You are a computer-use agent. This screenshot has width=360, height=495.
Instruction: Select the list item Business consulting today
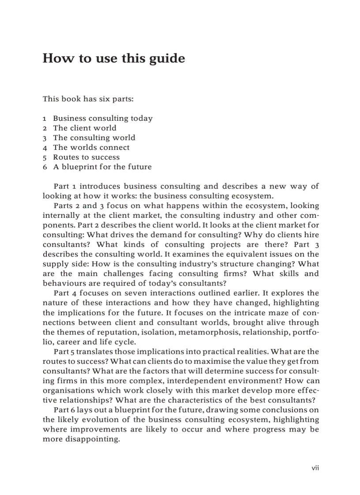pyautogui.click(x=103, y=118)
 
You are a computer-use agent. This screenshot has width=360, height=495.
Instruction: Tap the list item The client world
pyautogui.click(x=85, y=128)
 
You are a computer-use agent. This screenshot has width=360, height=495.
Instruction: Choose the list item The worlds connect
pyautogui.click(x=91, y=147)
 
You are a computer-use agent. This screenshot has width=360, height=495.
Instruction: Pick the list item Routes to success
pyautogui.click(x=86, y=157)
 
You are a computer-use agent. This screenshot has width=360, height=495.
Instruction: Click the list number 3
pyautogui.click(x=45, y=138)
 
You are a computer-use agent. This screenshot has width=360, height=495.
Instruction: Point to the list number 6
pyautogui.click(x=45, y=167)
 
